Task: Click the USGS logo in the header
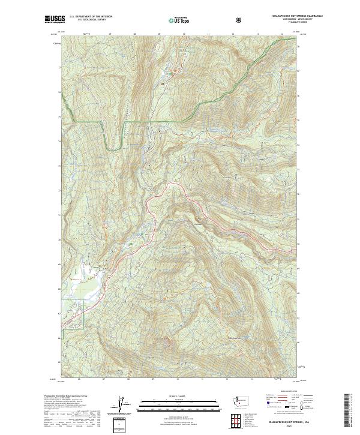coord(53,20)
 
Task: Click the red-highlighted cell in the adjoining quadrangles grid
coord(232,412)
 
